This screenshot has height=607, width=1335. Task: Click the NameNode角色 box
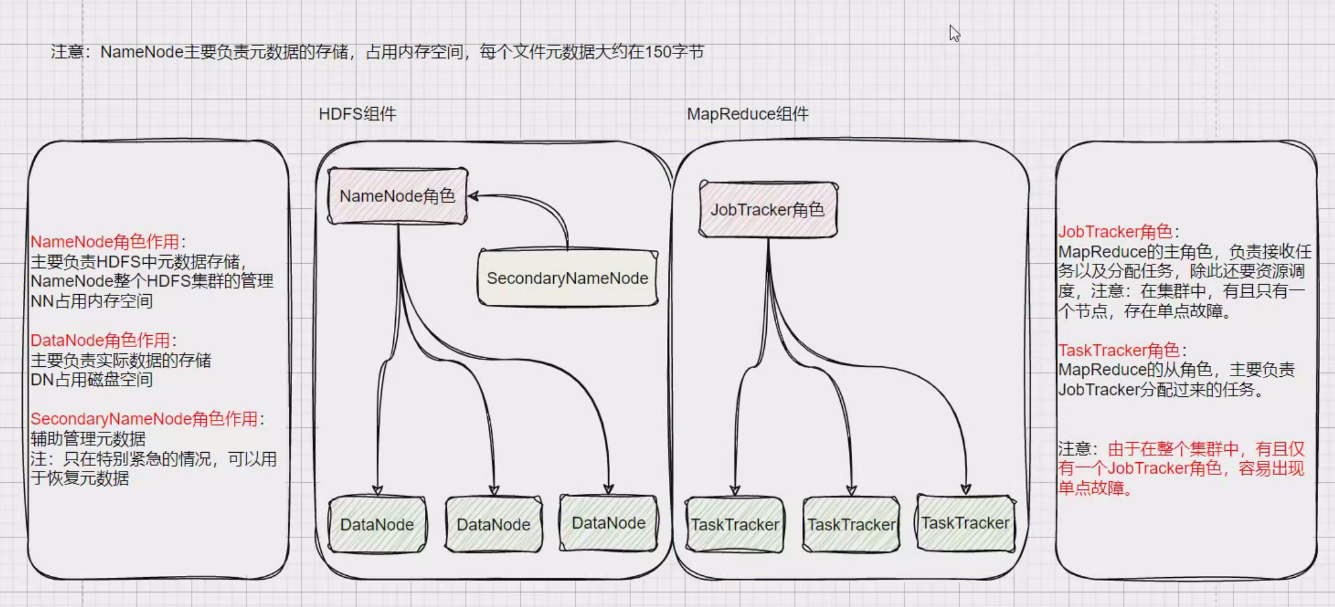[397, 196]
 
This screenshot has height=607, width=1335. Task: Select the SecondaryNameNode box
[567, 278]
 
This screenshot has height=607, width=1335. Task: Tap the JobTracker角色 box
[767, 210]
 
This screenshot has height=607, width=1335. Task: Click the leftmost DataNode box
[377, 524]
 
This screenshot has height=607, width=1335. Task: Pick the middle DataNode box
[494, 524]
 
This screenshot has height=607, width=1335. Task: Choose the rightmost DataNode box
[609, 523]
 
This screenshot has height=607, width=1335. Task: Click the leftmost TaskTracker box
[734, 524]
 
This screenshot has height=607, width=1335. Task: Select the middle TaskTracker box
[851, 524]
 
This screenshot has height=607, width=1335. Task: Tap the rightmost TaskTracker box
[965, 523]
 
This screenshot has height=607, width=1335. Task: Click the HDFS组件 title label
[357, 114]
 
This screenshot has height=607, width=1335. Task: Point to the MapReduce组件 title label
[747, 114]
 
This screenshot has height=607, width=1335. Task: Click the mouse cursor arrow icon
[954, 33]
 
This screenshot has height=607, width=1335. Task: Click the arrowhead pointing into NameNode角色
[473, 196]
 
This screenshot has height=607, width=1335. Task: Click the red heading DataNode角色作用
[100, 340]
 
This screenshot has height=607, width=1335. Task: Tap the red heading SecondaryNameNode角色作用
[144, 419]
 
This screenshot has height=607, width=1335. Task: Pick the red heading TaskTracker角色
[1118, 350]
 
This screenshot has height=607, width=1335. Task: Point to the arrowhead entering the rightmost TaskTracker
[966, 489]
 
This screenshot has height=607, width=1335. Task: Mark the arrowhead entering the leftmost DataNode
[377, 490]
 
